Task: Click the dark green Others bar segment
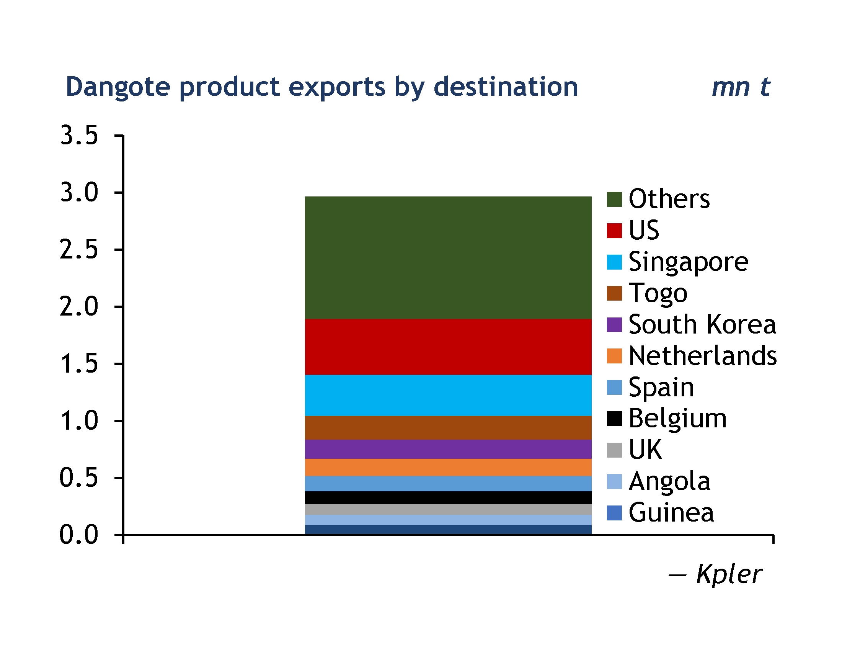pyautogui.click(x=448, y=258)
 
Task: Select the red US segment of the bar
pyautogui.click(x=448, y=347)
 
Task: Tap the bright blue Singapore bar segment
pyautogui.click(x=448, y=395)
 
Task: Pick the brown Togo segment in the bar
pyautogui.click(x=448, y=428)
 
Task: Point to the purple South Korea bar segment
pyautogui.click(x=448, y=449)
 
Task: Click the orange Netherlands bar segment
pyautogui.click(x=448, y=468)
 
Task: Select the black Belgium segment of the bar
pyautogui.click(x=448, y=497)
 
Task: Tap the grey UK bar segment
pyautogui.click(x=448, y=509)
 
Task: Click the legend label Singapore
pyautogui.click(x=689, y=262)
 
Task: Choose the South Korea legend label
pyautogui.click(x=702, y=324)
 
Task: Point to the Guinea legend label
pyautogui.click(x=671, y=512)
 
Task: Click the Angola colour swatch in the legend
pyautogui.click(x=614, y=482)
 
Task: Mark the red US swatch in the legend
pyautogui.click(x=614, y=231)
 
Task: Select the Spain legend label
pyautogui.click(x=661, y=387)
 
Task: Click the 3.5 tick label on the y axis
pyautogui.click(x=79, y=136)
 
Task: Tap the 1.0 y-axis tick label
pyautogui.click(x=79, y=420)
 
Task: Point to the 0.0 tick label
pyautogui.click(x=79, y=535)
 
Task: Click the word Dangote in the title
pyautogui.click(x=118, y=87)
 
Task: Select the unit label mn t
pyautogui.click(x=741, y=87)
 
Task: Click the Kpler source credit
pyautogui.click(x=729, y=574)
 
